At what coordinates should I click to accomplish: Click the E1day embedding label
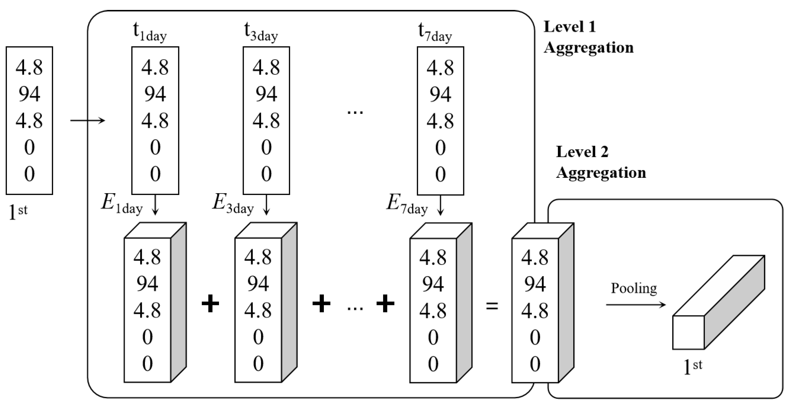tap(122, 204)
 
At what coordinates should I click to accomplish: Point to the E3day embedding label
tap(233, 204)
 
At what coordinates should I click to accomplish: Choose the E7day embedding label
tap(407, 204)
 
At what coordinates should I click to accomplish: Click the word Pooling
tap(634, 288)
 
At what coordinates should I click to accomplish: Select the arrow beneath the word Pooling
tap(635, 305)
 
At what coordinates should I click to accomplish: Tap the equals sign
tap(492, 306)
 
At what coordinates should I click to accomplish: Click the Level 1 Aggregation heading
tap(588, 37)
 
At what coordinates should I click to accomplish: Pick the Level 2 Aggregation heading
tap(600, 162)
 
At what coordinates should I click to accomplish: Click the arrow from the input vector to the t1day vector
tap(87, 120)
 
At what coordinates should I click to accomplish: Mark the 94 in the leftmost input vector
tap(29, 94)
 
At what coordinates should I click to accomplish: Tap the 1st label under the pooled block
tap(693, 367)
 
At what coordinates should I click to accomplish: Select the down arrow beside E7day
tap(441, 205)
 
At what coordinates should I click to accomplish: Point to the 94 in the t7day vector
tap(440, 94)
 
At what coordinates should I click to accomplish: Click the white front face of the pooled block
tap(688, 332)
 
